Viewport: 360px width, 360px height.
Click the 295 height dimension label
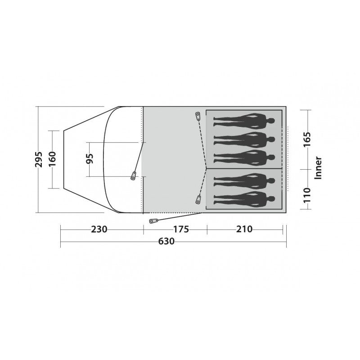click(x=39, y=159)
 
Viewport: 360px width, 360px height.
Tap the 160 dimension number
click(x=52, y=159)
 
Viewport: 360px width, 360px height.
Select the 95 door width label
click(x=90, y=158)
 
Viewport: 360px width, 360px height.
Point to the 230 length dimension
click(x=99, y=229)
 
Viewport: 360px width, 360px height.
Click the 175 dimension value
click(x=181, y=229)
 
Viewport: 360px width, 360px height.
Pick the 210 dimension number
click(x=244, y=229)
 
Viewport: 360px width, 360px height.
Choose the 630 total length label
click(x=166, y=241)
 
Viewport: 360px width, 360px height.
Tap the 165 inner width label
click(x=307, y=139)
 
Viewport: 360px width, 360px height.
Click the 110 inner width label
click(x=307, y=195)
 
